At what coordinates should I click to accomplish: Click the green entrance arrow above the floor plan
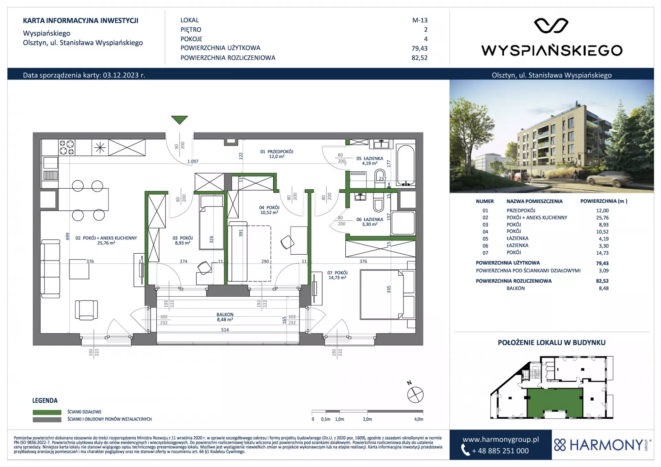coord(179,120)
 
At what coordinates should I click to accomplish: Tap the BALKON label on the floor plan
coord(225,315)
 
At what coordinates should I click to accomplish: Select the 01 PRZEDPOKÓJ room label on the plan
coord(277,151)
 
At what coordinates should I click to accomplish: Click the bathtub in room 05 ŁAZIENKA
coord(406,165)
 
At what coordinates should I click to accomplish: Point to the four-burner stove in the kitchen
coord(66,147)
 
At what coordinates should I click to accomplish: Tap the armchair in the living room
coord(86,309)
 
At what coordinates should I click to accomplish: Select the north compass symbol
coord(415,394)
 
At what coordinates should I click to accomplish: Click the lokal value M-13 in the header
coord(420,20)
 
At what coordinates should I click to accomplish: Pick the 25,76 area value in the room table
coord(602,217)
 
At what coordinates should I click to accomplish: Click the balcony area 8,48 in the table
coord(604,288)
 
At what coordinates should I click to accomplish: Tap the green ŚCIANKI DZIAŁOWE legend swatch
coord(47,412)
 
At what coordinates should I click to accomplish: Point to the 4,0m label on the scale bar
coord(419,419)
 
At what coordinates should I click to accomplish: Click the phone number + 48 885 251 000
coord(500,451)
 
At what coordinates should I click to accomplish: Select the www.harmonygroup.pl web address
coord(501,439)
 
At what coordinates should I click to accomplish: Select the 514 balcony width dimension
coord(225,330)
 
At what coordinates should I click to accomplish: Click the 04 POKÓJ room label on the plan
coord(269,208)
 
